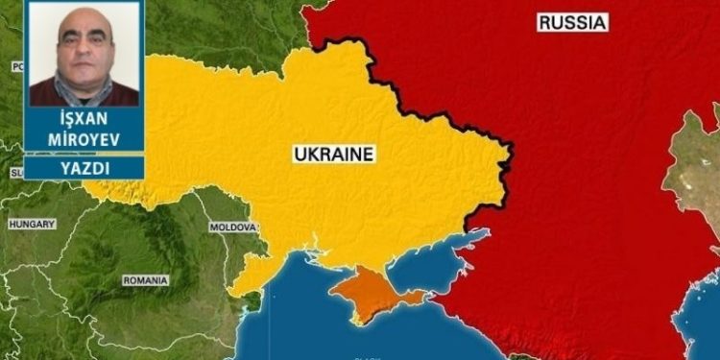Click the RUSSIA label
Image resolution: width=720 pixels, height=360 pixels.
pyautogui.click(x=573, y=22)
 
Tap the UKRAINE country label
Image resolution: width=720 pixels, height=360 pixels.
pyautogui.click(x=333, y=154)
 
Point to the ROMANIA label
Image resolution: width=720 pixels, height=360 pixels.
pyautogui.click(x=145, y=280)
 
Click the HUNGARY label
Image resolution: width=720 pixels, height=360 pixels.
pyautogui.click(x=32, y=224)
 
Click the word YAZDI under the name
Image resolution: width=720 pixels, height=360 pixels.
pyautogui.click(x=84, y=168)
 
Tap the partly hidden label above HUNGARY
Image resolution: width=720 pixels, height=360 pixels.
pyautogui.click(x=16, y=173)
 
